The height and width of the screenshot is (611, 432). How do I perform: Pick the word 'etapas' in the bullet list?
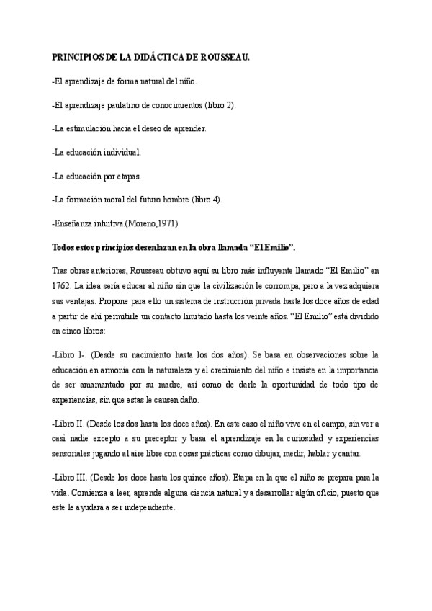(x=127, y=176)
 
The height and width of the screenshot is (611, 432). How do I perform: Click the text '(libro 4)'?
(x=207, y=200)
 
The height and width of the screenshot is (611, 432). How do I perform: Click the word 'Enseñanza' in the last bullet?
(x=75, y=223)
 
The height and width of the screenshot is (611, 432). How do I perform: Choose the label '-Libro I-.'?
(x=69, y=355)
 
